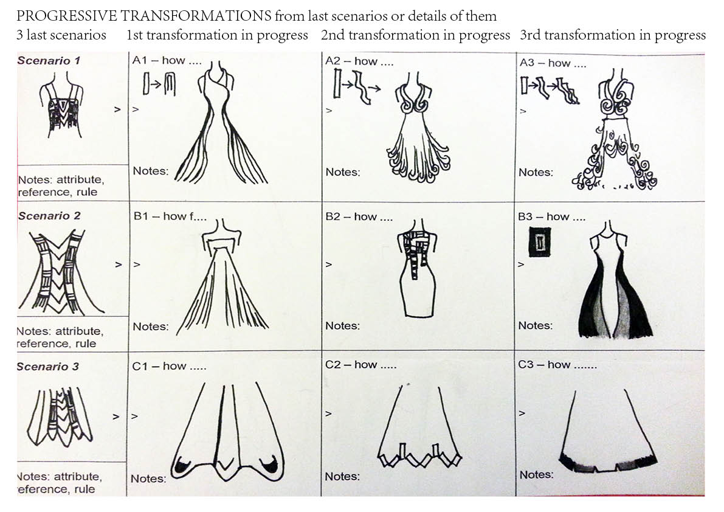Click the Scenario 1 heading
[49, 60]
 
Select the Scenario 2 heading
[49, 216]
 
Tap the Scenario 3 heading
[47, 367]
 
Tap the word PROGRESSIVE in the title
[66, 16]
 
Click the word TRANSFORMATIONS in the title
[196, 16]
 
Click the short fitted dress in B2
[417, 268]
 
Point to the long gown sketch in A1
[220, 122]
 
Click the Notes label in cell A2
[343, 172]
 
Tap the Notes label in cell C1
[148, 479]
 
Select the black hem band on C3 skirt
[608, 463]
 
